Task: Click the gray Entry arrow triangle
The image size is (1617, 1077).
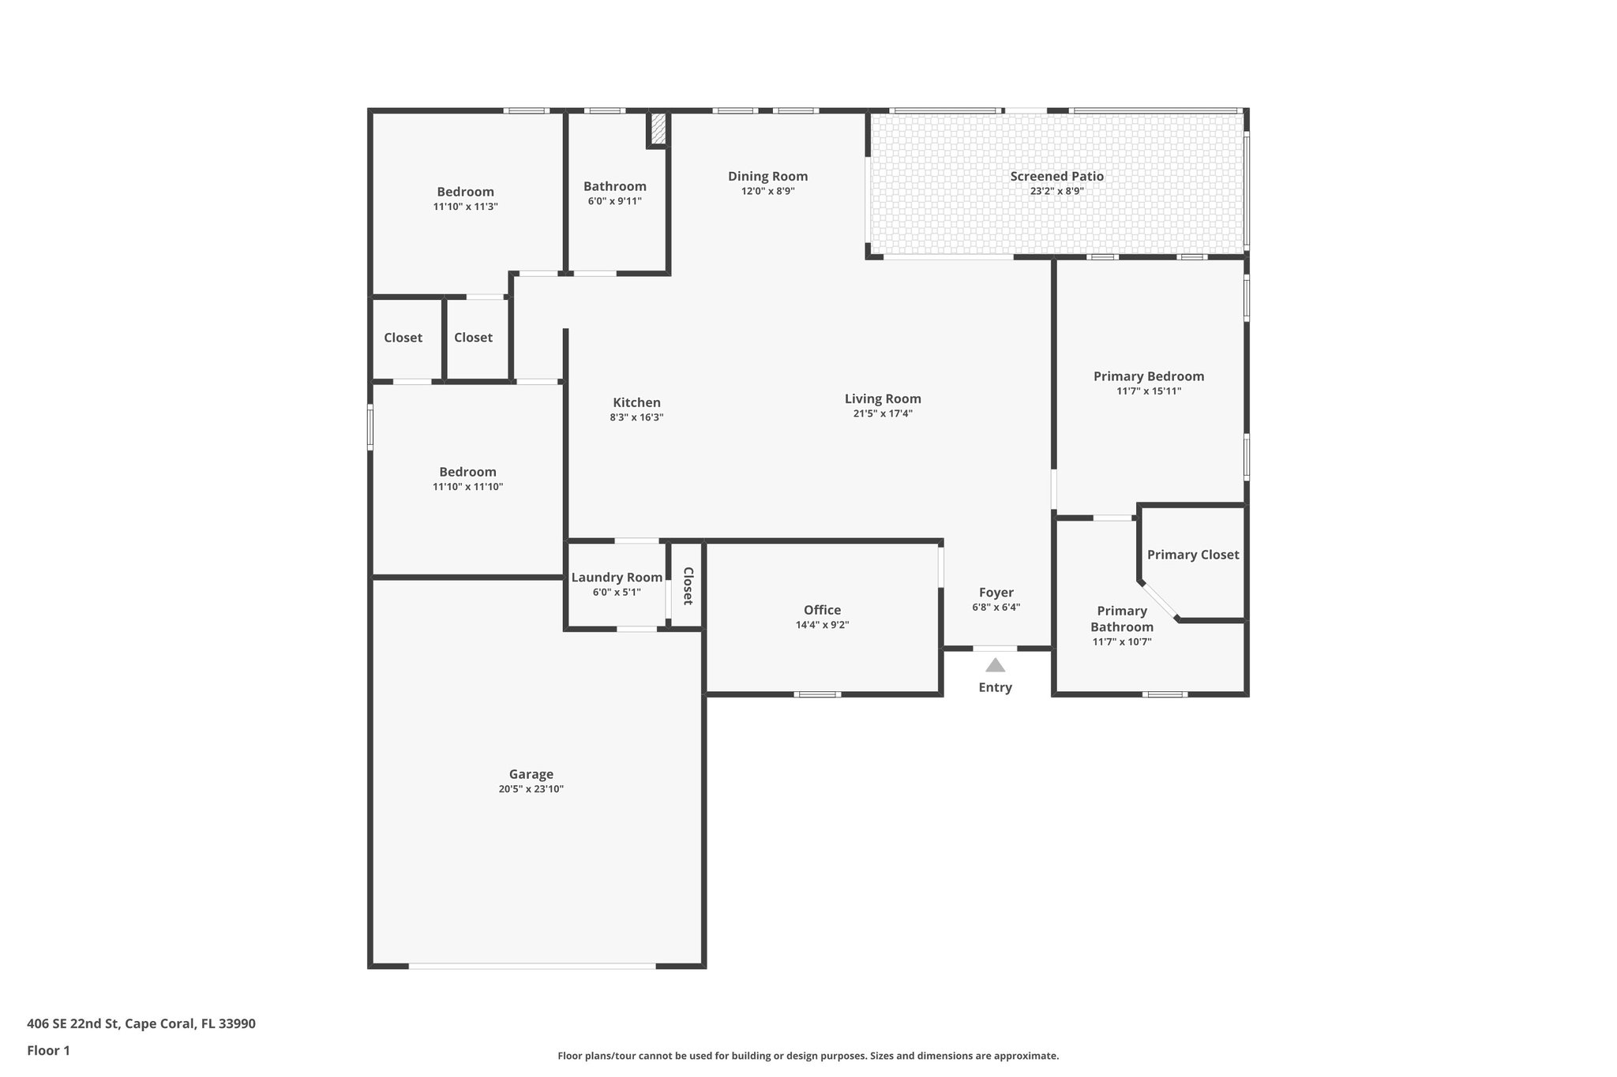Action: (995, 665)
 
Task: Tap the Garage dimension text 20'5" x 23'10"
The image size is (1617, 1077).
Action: (531, 789)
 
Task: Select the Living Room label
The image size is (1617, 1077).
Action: (883, 398)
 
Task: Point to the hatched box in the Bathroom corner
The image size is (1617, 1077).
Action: (658, 129)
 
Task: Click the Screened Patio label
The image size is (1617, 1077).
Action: (1056, 176)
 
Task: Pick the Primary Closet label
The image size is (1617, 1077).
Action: (1192, 555)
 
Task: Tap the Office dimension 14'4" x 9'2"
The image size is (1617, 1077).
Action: (822, 625)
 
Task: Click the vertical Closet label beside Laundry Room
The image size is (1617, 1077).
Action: (688, 585)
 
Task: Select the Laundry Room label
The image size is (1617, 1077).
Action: (617, 578)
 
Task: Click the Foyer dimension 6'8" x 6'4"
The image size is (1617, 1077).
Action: (996, 608)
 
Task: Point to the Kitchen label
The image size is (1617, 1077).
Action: (636, 402)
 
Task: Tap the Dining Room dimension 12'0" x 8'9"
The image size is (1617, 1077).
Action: (767, 191)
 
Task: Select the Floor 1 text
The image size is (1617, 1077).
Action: (48, 1050)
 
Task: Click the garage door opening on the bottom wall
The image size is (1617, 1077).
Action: (531, 965)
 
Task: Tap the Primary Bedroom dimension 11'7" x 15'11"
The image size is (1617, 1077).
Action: (1148, 391)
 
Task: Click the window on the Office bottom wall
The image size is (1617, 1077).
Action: (817, 694)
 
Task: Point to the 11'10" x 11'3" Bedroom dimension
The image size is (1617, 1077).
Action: (465, 207)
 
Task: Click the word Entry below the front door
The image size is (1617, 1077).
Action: (995, 687)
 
